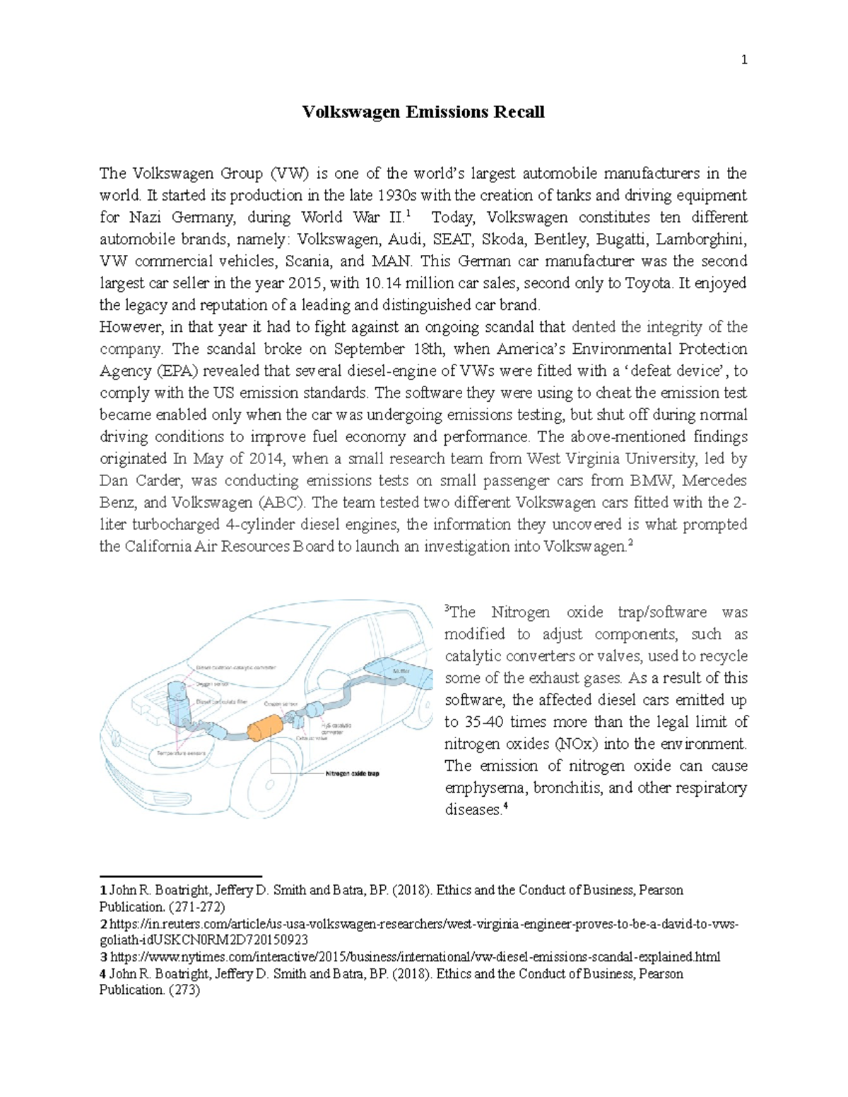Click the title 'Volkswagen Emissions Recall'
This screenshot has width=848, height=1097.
tap(423, 112)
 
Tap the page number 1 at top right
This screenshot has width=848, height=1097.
tap(743, 60)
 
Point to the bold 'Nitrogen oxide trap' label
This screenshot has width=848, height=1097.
tap(351, 773)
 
